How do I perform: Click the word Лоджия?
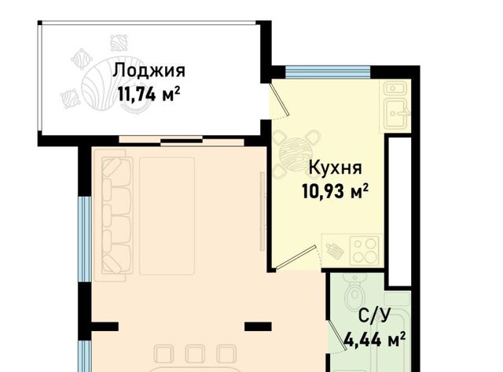(149, 70)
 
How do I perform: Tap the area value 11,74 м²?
(149, 94)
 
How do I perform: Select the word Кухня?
(336, 168)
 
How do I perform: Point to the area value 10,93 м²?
(336, 192)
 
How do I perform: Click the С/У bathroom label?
(375, 317)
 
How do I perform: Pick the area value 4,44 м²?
(375, 340)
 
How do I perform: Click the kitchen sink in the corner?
(395, 105)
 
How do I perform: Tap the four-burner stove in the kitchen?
(365, 251)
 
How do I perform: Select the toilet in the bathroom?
(354, 290)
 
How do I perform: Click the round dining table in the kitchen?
(296, 153)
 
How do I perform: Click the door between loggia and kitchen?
(280, 100)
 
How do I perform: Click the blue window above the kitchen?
(328, 72)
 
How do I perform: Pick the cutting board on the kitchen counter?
(335, 251)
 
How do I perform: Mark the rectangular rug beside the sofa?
(167, 216)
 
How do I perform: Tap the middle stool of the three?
(195, 354)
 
